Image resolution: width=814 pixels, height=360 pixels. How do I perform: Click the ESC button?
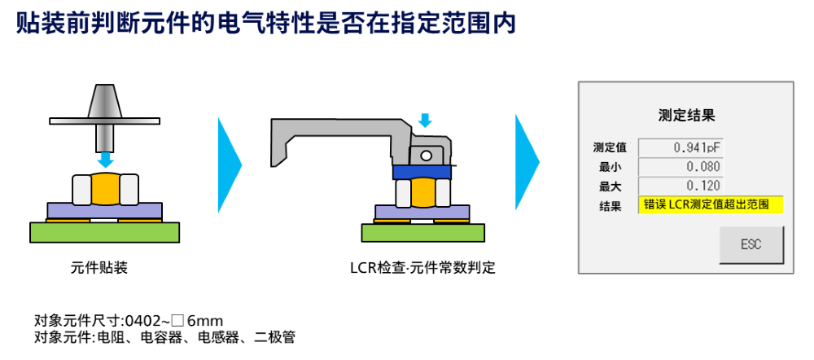(751, 244)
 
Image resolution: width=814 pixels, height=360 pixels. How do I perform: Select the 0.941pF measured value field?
(681, 147)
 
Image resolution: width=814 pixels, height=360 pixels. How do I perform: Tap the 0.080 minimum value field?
(681, 166)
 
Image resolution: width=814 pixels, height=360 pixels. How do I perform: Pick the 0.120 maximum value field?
(681, 185)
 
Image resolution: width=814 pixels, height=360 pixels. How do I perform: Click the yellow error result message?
(710, 204)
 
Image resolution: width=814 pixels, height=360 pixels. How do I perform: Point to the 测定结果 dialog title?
(685, 115)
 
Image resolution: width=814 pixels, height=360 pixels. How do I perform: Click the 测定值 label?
(610, 147)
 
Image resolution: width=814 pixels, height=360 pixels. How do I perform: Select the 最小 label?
(610, 167)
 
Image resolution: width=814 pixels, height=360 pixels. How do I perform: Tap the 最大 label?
(610, 186)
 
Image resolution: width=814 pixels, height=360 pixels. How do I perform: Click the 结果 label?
(610, 205)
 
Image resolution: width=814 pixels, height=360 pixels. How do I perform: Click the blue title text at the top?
(266, 22)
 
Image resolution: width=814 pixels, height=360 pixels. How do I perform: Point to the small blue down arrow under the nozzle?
(106, 159)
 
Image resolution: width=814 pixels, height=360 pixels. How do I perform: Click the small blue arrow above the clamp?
(425, 121)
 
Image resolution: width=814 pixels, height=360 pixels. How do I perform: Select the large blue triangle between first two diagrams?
(229, 165)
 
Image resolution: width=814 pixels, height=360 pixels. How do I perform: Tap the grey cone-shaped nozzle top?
(105, 101)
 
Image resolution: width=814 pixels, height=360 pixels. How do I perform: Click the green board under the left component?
(104, 232)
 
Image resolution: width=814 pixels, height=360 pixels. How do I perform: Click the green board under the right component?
(422, 233)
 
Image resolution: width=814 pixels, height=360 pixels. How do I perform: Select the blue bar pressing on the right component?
(422, 172)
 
